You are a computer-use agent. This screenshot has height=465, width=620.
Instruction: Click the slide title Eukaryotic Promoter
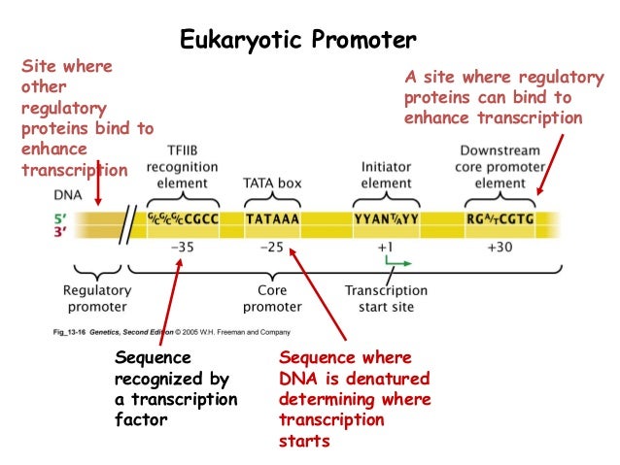(298, 40)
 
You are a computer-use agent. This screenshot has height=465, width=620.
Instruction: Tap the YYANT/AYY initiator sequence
(386, 219)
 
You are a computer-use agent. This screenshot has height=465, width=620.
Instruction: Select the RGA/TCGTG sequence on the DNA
(499, 219)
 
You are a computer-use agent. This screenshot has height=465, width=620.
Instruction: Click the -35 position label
(182, 247)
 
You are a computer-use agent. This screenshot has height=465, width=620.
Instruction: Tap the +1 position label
(386, 247)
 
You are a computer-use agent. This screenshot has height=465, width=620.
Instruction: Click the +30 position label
(498, 247)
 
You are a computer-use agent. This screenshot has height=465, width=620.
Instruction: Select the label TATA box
(270, 183)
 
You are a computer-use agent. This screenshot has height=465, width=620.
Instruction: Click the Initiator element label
(386, 175)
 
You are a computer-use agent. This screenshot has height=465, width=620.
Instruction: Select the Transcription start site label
(386, 298)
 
